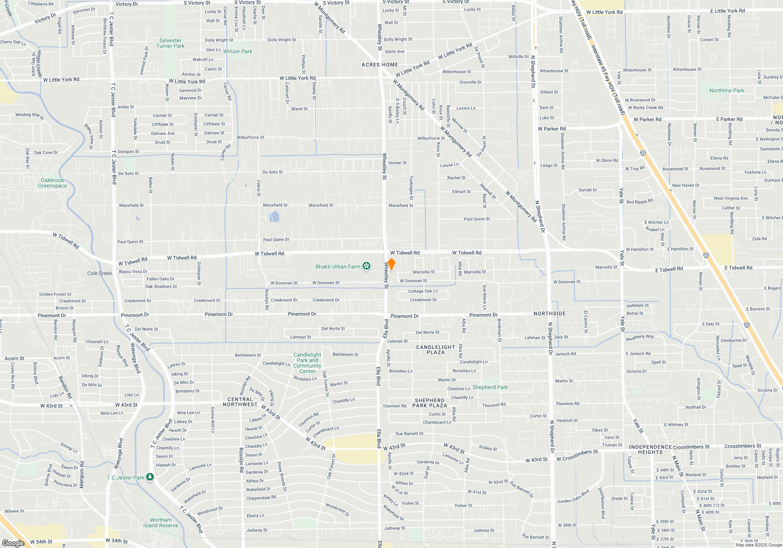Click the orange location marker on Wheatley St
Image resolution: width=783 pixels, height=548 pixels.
391,264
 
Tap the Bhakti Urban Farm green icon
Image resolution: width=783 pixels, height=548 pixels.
366,267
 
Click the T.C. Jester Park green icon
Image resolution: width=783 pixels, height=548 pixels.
150,477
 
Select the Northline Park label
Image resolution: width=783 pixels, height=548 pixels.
727,90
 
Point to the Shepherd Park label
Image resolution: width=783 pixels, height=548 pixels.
490,387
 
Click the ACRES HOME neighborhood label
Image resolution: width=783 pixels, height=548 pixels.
380,65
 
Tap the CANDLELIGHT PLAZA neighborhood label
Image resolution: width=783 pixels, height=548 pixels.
436,350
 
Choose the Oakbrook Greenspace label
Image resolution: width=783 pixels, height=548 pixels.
52,183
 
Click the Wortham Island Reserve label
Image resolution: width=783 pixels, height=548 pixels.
161,523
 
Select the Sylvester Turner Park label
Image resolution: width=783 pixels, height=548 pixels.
170,43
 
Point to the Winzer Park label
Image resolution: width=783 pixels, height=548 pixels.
238,51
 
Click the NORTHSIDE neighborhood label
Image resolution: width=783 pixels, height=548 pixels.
550,314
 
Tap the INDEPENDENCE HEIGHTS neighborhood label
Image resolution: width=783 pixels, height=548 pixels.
650,449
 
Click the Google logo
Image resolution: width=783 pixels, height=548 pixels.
13,543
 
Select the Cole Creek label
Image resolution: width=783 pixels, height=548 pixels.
99,273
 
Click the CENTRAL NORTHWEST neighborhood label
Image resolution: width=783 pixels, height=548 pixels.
240,402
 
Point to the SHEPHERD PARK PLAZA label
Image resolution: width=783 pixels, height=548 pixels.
429,403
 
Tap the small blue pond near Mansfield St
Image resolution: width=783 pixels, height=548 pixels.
274,216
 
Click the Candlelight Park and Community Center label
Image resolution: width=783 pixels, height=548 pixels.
307,363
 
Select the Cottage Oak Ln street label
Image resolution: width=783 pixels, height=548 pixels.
423,291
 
